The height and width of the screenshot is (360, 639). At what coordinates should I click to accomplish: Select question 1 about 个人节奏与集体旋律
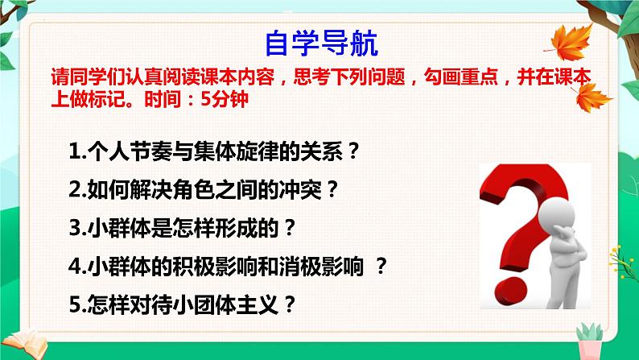[x=213, y=151]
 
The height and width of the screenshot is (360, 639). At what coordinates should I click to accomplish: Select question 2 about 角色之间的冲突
[x=202, y=191]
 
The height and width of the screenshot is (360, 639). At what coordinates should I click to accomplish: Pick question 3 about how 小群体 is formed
[x=184, y=229]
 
